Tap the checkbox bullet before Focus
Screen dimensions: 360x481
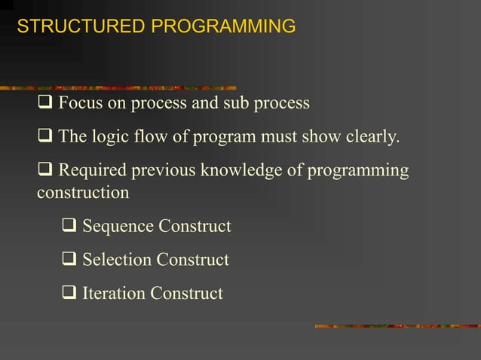coord(44,103)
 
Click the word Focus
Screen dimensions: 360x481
coord(81,103)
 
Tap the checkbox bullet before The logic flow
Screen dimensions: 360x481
coord(44,137)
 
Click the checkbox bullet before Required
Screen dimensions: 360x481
coord(44,171)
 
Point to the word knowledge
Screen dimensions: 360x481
coord(246,171)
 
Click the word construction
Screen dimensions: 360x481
coord(83,193)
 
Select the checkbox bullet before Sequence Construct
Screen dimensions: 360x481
coord(69,226)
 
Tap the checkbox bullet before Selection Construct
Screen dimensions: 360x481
coord(69,260)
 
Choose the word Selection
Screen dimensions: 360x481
coord(116,260)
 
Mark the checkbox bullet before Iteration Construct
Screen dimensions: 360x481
coord(69,293)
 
